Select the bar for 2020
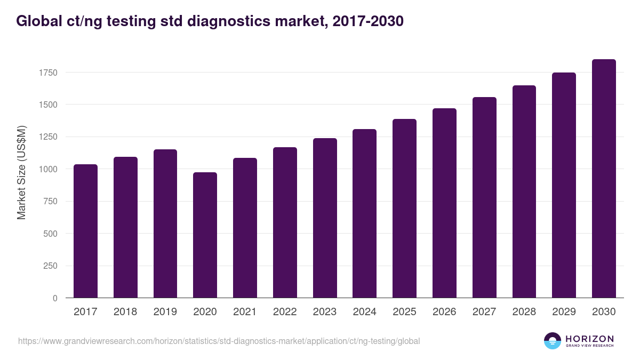click(205, 235)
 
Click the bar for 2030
click(604, 179)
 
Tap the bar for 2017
click(85, 231)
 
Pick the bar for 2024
click(365, 213)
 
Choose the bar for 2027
click(484, 197)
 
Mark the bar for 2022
click(285, 222)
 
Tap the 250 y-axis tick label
click(50, 266)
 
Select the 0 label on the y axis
click(55, 298)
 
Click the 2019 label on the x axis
click(165, 312)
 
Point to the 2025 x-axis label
click(404, 312)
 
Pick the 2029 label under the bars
click(564, 312)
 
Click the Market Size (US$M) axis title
click(21, 173)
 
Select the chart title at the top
click(210, 21)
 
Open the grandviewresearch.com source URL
click(219, 341)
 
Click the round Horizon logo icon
click(553, 341)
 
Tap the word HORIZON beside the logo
click(589, 339)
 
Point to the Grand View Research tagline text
click(589, 346)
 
